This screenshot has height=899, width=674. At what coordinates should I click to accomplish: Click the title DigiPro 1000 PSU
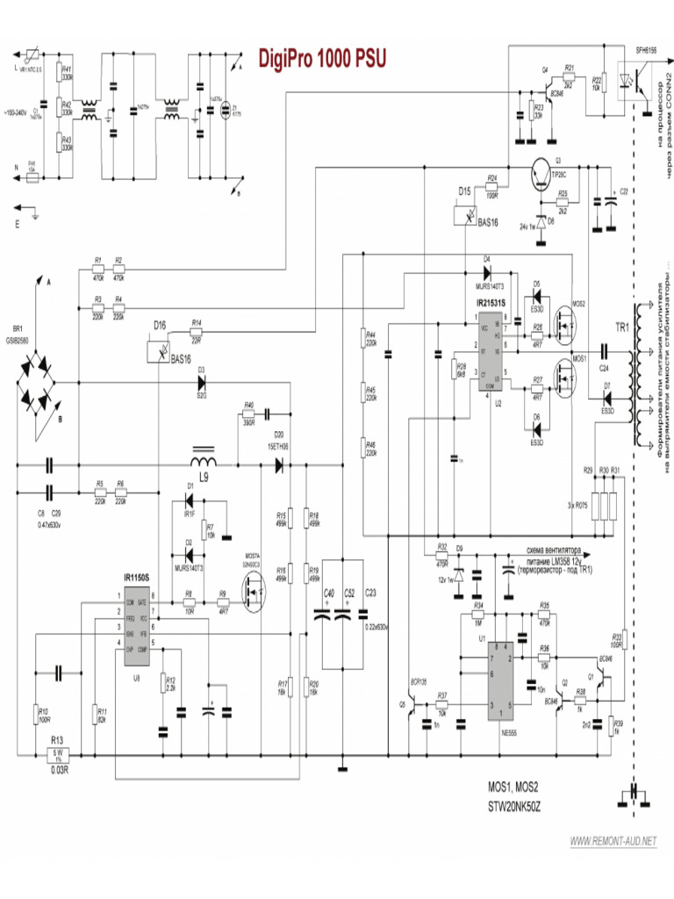pos(321,58)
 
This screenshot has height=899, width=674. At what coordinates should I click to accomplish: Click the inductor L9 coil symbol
pos(204,461)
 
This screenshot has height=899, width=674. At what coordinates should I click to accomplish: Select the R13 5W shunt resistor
pos(60,752)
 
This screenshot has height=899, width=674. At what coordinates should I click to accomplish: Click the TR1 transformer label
pos(621,327)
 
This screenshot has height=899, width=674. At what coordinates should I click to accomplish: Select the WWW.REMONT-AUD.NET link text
pos(613,841)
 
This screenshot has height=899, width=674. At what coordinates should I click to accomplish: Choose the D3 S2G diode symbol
pos(201,383)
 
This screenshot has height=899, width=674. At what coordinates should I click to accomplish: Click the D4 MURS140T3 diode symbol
pos(486,270)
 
